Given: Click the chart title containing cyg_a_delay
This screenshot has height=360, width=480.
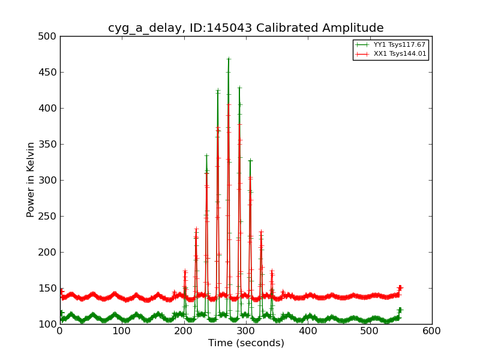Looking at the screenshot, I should pos(246,28).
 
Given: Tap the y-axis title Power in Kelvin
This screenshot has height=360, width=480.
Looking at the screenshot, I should pos(31,179).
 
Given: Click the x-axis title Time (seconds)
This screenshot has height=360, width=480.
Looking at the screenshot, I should pos(246,343).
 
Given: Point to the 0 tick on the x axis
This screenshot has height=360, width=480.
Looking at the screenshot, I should pos(60,330).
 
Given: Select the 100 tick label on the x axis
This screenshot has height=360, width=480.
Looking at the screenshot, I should pos(122,330).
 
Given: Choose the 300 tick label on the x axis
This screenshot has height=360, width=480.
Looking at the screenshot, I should pos(246,330).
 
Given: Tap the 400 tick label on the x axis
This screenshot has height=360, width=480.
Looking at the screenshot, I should pos(308,330).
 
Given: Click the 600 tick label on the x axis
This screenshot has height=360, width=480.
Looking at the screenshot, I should pos(432,330).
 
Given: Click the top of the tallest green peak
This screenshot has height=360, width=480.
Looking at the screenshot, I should pos(229,59).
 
